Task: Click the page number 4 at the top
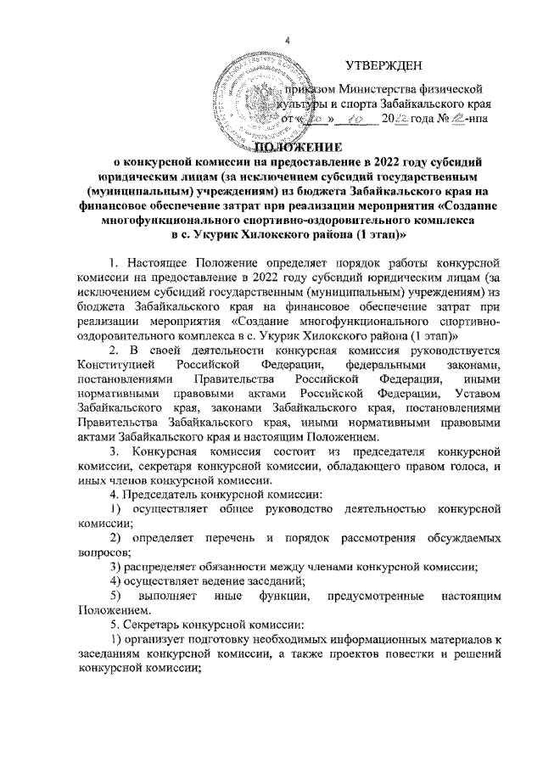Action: (x=287, y=43)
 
